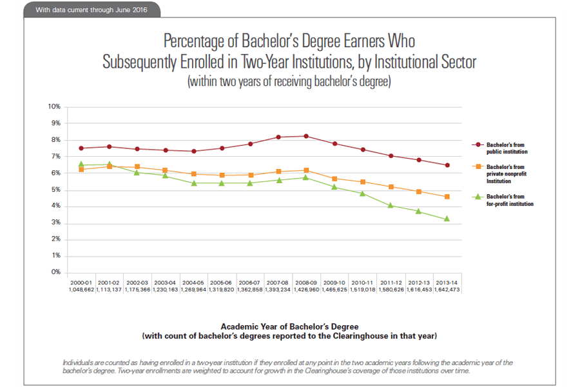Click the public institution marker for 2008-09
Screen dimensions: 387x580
click(306, 136)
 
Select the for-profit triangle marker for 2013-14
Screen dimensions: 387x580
click(447, 219)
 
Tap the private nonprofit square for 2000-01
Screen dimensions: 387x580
click(81, 169)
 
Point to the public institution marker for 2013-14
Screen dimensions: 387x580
click(447, 165)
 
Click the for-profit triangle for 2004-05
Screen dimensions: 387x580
click(193, 183)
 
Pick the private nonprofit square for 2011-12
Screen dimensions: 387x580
click(391, 186)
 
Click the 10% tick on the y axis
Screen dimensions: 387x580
click(55, 106)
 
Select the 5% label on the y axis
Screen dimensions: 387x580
click(56, 190)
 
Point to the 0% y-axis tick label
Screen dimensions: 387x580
click(56, 272)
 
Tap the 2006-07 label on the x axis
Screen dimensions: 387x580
click(250, 283)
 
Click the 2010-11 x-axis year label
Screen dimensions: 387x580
click(362, 283)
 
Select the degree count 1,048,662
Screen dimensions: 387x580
click(81, 290)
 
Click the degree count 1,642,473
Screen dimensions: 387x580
click(447, 290)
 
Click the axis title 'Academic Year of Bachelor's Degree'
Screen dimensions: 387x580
click(289, 326)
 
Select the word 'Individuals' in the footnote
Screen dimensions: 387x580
click(79, 362)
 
